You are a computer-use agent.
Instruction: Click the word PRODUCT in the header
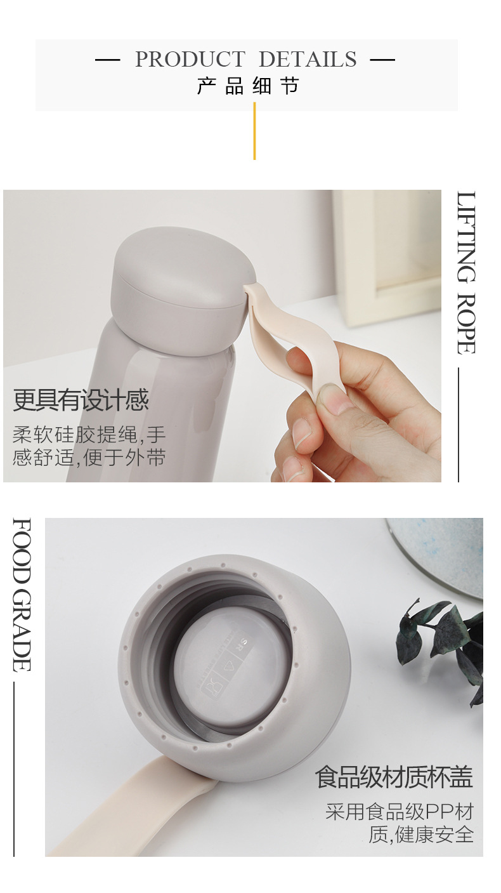pos(190,60)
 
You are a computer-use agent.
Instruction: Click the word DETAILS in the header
pos(308,60)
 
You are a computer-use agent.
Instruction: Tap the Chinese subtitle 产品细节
pos(248,86)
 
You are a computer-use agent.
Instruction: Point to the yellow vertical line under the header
pos(254,131)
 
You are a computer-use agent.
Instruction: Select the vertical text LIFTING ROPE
pos(465,273)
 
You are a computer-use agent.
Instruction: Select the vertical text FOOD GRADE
pos(22,595)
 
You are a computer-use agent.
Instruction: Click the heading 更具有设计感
pos(81,400)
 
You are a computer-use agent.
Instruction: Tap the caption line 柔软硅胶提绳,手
pos(89,435)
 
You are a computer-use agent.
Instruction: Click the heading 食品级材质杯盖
pos(394,777)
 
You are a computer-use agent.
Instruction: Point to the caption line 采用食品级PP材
pos(400,812)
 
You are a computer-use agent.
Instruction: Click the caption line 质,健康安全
pos(421,834)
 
